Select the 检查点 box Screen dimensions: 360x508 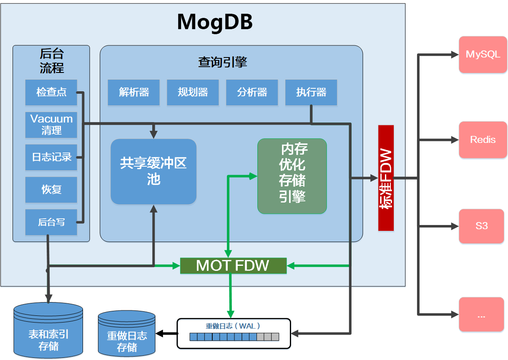[51, 92]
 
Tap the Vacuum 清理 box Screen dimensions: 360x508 [51, 125]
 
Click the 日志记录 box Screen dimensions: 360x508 [51, 157]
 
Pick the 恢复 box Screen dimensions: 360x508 [51, 190]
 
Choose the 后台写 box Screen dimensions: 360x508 [51, 222]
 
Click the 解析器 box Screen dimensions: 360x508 [134, 92]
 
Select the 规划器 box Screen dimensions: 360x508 [193, 92]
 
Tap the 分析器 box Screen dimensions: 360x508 [252, 92]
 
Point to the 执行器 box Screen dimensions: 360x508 [311, 92]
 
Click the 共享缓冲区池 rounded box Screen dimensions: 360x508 [153, 171]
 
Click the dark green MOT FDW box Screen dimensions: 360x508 [233, 265]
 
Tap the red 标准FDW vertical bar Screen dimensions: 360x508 [386, 178]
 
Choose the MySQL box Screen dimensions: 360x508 [483, 55]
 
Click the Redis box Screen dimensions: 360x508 [483, 140]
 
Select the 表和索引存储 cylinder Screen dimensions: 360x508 [48, 331]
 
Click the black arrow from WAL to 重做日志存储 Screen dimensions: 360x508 [166, 333]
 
